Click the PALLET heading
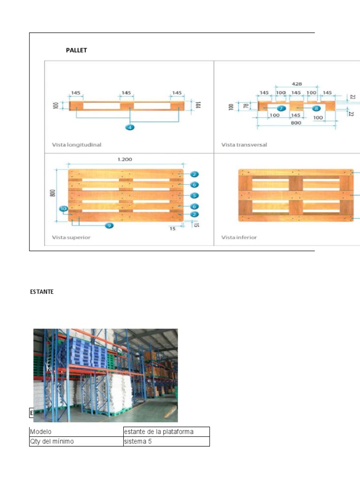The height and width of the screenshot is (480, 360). tap(76, 50)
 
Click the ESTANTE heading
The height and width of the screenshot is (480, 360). tap(42, 292)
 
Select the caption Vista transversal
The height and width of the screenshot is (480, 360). tap(244, 145)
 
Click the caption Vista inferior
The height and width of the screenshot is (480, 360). tap(239, 237)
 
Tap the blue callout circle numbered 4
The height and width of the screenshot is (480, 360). tap(130, 127)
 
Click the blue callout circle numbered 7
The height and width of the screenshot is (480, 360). tap(280, 108)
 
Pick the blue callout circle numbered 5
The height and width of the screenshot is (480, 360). tap(195, 195)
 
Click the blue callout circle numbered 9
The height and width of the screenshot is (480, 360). tap(109, 225)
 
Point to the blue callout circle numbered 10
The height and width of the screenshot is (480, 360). tap(63, 208)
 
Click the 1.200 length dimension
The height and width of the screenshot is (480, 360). tap(124, 159)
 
